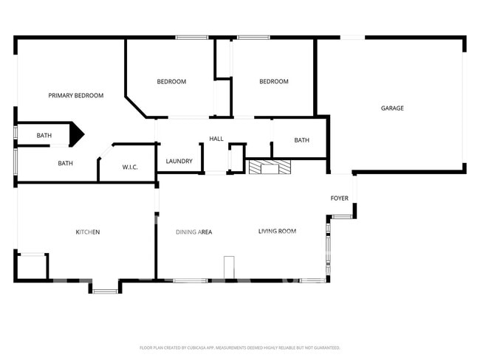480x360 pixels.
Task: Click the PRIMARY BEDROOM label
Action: tap(75, 95)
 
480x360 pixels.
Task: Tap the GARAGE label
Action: tap(392, 108)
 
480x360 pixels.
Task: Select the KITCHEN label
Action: tap(88, 232)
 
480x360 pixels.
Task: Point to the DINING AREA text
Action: tap(193, 232)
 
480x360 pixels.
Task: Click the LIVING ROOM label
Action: tap(277, 232)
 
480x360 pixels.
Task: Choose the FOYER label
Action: tap(339, 198)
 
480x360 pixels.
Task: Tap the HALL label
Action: tap(216, 139)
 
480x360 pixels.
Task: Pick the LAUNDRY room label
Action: tap(179, 162)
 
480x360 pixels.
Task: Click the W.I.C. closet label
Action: tap(130, 167)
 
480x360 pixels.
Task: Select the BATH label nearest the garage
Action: tap(301, 140)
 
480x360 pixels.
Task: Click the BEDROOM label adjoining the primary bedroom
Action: tap(171, 82)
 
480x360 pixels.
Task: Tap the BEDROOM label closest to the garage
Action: tap(273, 82)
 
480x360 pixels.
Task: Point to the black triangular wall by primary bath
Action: tap(77, 134)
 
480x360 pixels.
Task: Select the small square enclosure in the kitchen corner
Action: tap(32, 266)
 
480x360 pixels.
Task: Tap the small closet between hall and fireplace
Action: tap(236, 158)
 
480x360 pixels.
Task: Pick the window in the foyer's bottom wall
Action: tap(341, 217)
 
